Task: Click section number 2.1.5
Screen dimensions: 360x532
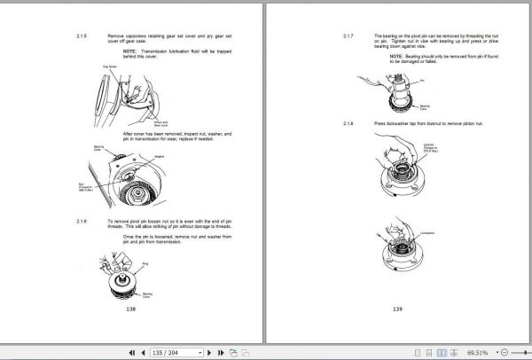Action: [82, 36]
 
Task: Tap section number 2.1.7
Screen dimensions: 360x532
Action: [348, 36]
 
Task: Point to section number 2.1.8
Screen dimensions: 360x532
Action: [348, 121]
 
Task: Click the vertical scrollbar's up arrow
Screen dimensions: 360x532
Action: [526, 5]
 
